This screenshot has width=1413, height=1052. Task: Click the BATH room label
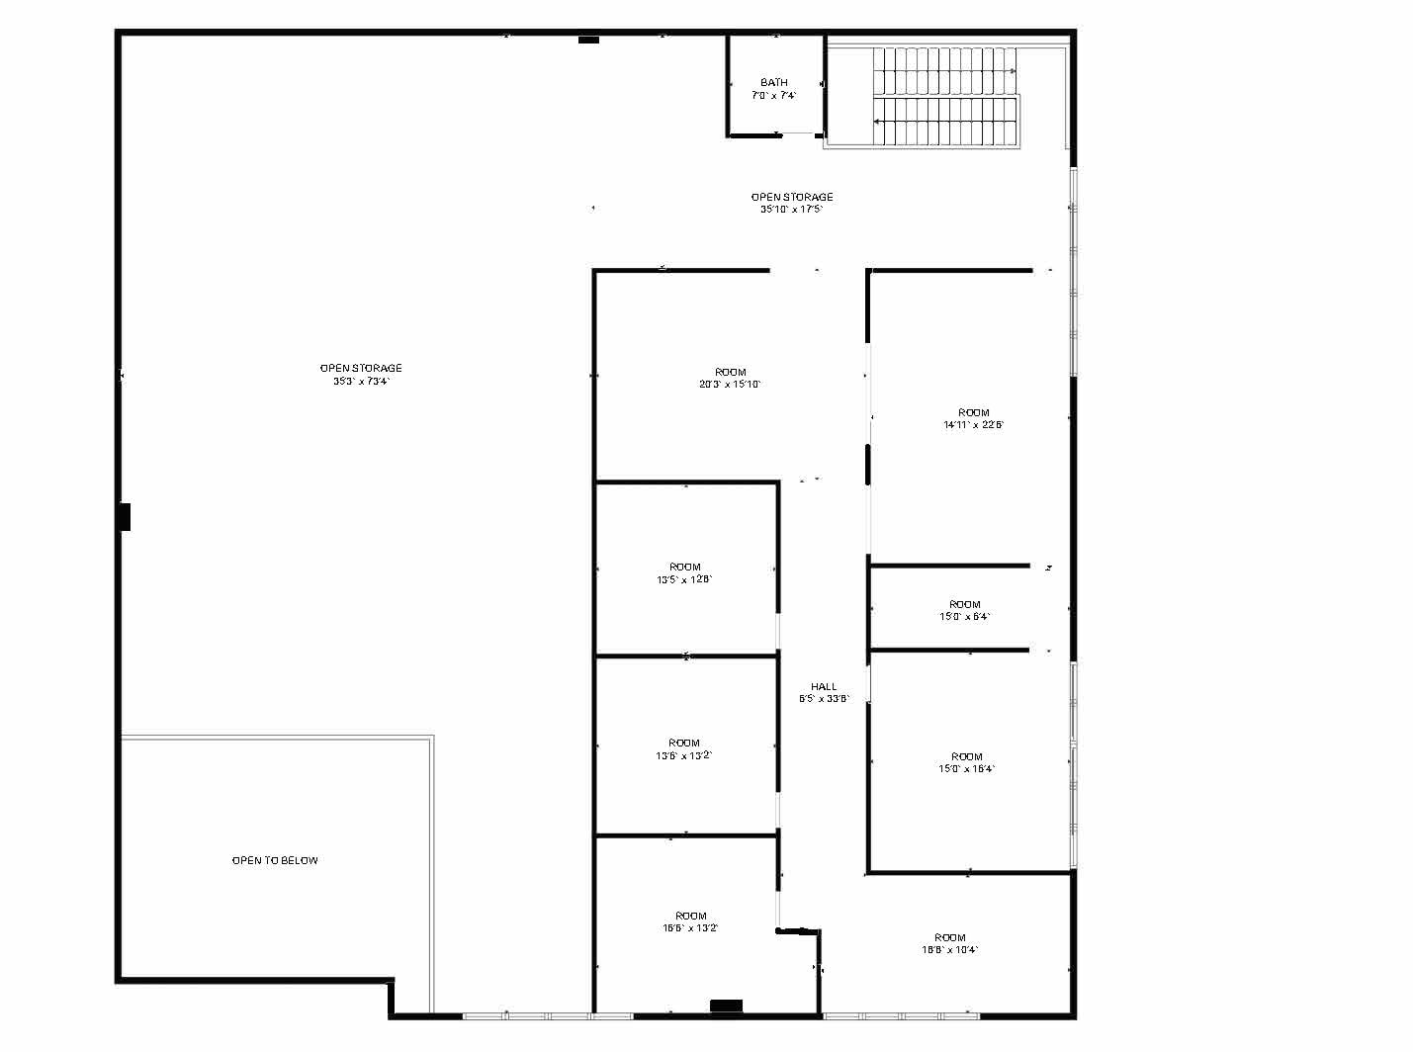click(x=774, y=82)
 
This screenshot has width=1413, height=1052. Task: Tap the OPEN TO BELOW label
click(x=275, y=860)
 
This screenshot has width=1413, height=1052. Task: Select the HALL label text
click(x=824, y=686)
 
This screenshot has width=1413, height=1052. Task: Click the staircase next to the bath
click(x=944, y=97)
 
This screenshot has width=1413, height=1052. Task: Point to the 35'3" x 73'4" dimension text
click(x=361, y=382)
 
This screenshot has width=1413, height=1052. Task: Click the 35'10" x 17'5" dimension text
click(x=791, y=210)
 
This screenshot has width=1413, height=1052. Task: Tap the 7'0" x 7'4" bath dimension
click(x=774, y=96)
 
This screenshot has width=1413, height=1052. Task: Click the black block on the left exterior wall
click(x=126, y=516)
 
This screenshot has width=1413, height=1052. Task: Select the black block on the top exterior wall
click(x=588, y=40)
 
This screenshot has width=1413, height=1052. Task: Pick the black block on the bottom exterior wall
click(x=726, y=1006)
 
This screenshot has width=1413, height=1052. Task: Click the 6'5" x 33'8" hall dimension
click(x=824, y=699)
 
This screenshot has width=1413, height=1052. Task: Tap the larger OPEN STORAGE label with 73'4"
click(x=361, y=368)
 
